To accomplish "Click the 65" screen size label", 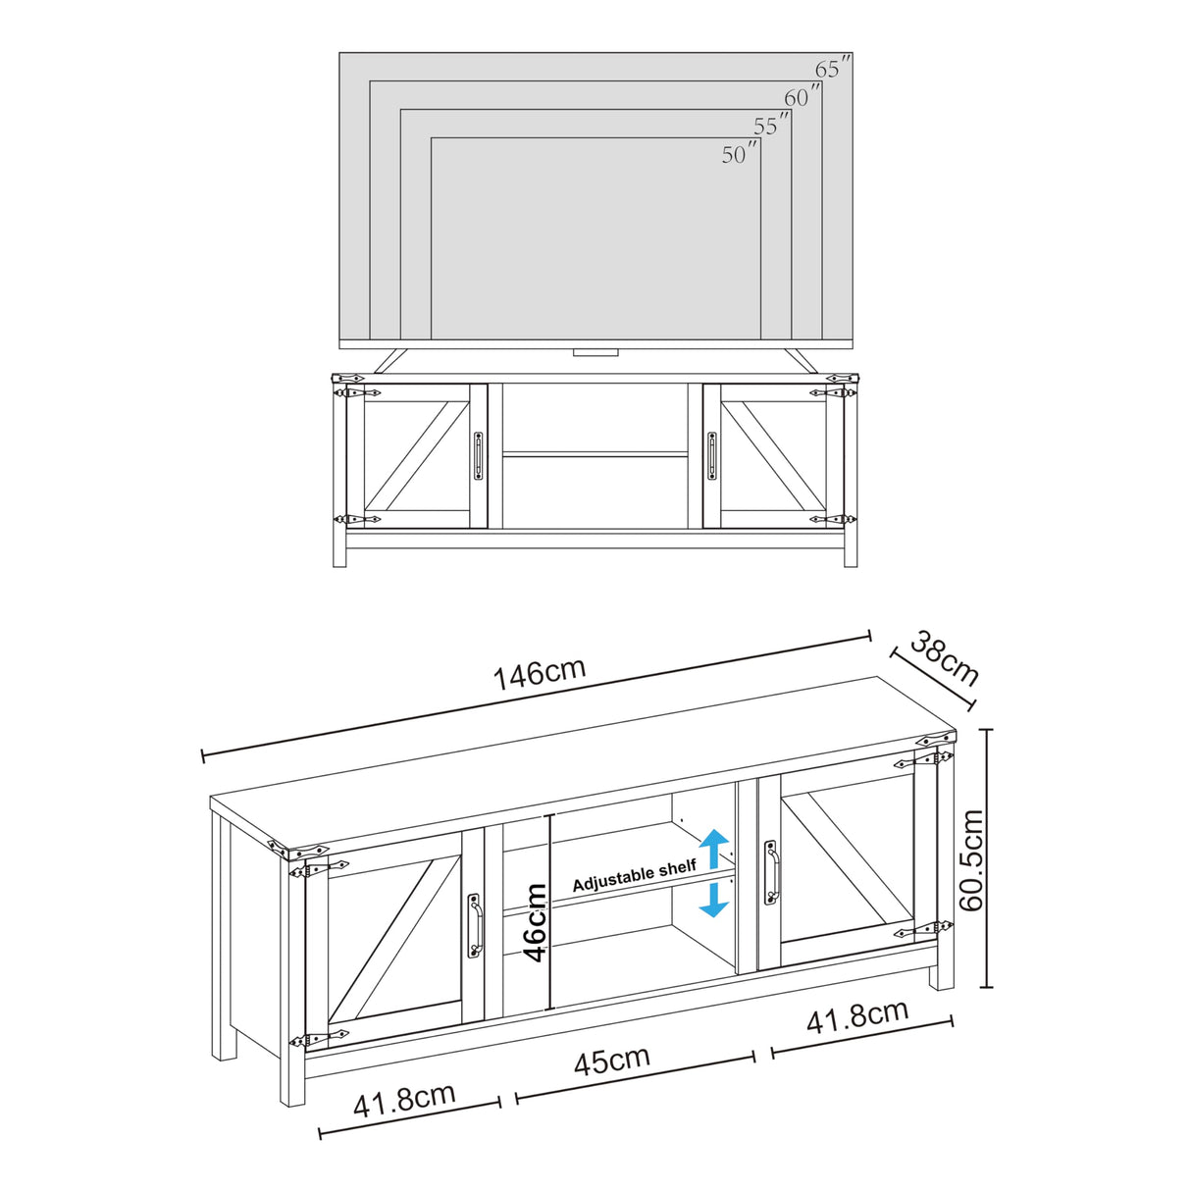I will tap(832, 69).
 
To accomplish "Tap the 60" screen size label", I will tap(802, 97).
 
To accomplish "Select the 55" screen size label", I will tap(771, 126).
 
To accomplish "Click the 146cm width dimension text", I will tap(539, 674).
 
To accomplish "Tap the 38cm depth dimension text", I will tap(944, 658).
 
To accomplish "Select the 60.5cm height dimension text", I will tap(970, 860).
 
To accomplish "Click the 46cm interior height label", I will tap(535, 922).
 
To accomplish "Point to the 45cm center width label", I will tap(612, 1061).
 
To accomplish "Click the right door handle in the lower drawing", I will tap(770, 870).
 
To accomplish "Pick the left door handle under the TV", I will tap(478, 456).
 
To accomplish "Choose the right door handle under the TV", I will tap(711, 456).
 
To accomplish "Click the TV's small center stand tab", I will tap(594, 350).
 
